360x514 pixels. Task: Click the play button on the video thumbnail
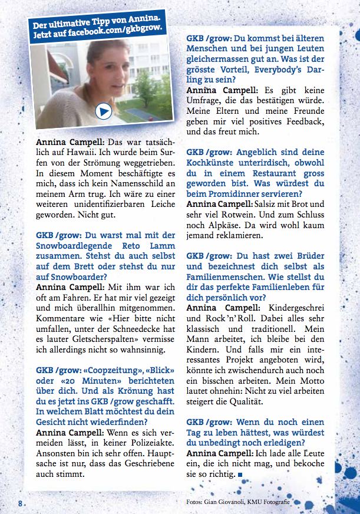click(104, 110)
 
